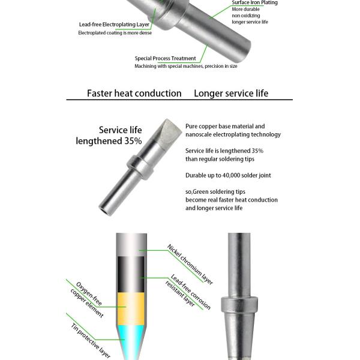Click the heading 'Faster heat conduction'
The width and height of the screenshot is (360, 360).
click(134, 93)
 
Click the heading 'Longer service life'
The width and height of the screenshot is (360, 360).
click(231, 93)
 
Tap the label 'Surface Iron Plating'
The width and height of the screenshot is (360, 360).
click(254, 3)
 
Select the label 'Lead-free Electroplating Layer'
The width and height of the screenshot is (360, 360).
click(114, 25)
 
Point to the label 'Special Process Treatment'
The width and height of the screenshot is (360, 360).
click(165, 58)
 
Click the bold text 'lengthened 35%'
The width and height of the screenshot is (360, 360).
click(109, 141)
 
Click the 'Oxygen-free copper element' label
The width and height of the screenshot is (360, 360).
click(85, 299)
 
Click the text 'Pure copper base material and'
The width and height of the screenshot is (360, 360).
click(225, 127)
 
